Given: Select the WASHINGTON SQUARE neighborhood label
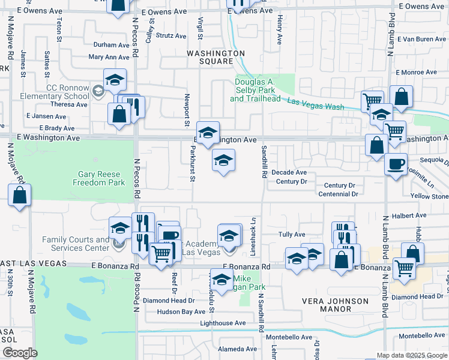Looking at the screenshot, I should pyautogui.click(x=217, y=57).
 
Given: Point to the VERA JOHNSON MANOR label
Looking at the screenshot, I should pyautogui.click(x=336, y=305).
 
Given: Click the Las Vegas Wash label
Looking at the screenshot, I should pyautogui.click(x=315, y=104).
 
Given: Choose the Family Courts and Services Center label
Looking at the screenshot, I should pyautogui.click(x=76, y=244).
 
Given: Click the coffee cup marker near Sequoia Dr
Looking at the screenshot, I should pyautogui.click(x=396, y=164).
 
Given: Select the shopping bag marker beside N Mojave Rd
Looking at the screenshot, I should pyautogui.click(x=20, y=195).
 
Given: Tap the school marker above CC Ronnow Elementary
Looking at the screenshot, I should pyautogui.click(x=115, y=79).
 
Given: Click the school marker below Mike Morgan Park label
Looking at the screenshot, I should pyautogui.click(x=222, y=280).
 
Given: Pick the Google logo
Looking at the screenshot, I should pyautogui.click(x=20, y=353).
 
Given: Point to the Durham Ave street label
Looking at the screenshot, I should pyautogui.click(x=112, y=45).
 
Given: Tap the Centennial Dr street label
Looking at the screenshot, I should pyautogui.click(x=338, y=194).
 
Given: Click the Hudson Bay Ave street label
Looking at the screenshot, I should pyautogui.click(x=181, y=312).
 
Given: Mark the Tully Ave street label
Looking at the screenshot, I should pyautogui.click(x=292, y=235).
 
